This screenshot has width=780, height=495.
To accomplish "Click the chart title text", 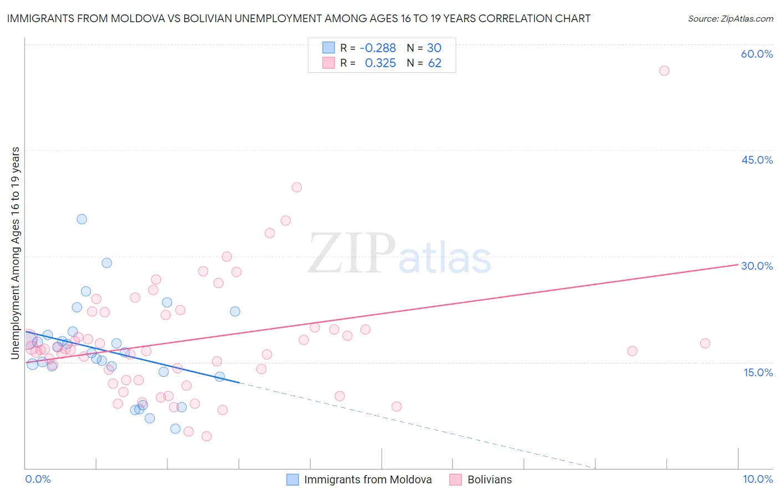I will coord(298,18).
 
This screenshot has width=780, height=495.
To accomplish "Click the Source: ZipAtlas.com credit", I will coord(730,18).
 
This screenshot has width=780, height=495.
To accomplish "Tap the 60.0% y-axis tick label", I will coord(757,54).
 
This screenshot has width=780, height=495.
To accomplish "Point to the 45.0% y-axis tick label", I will coord(757,160).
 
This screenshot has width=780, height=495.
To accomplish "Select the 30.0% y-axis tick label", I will coord(757,266).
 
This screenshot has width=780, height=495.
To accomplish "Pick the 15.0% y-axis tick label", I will coord(758,372).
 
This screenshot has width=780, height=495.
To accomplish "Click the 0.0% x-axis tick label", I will coord(38,479).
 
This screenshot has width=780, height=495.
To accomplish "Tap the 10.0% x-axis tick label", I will coord(757,479).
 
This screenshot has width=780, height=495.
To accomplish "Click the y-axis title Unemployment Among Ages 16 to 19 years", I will coord(16,252).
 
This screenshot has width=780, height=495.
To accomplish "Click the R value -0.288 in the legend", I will coord(377,48).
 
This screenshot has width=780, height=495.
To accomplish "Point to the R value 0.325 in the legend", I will coord(380,63).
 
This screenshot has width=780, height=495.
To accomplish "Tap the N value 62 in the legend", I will coord(434,63).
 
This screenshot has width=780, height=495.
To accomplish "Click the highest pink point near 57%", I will coord(664,70).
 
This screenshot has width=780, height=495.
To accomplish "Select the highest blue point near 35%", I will coord(82,219).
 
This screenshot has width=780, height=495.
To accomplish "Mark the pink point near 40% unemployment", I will coord(297,188).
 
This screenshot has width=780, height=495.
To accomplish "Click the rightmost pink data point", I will coord(705,344).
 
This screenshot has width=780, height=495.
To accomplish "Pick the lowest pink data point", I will coord(206,436).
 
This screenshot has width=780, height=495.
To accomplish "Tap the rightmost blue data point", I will coord(235,311).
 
